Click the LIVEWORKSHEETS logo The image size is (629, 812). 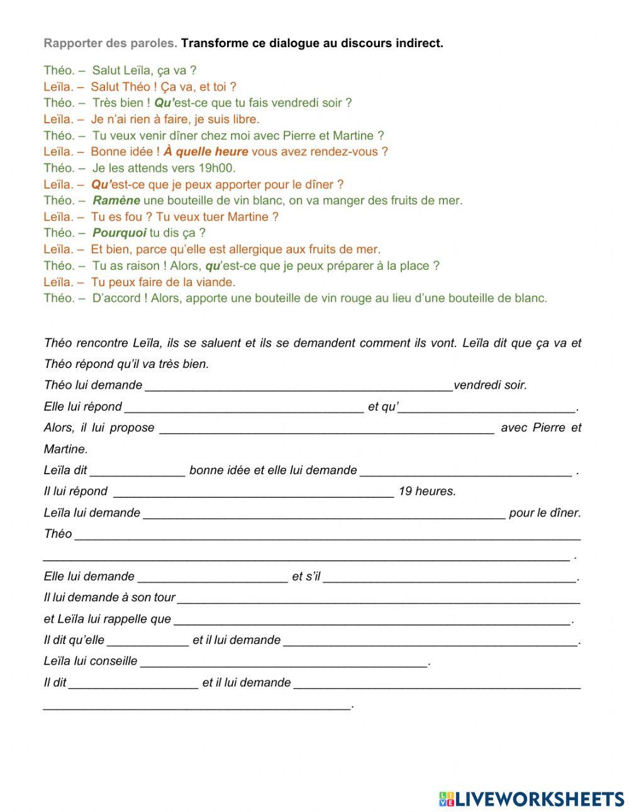pyautogui.click(x=532, y=798)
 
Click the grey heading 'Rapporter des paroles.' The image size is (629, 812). pyautogui.click(x=111, y=43)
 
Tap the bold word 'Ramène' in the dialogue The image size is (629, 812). pyautogui.click(x=116, y=201)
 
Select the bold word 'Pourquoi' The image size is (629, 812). pyautogui.click(x=119, y=233)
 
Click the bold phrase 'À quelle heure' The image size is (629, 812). pyautogui.click(x=206, y=152)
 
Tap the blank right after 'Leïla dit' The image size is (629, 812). pyautogui.click(x=137, y=471)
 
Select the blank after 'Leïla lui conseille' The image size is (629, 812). pyautogui.click(x=284, y=662)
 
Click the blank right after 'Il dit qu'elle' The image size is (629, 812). pyautogui.click(x=148, y=641)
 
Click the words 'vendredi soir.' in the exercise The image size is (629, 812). pyautogui.click(x=490, y=385)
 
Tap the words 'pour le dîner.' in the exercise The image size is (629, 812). pyautogui.click(x=545, y=513)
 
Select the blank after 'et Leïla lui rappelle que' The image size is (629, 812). pyautogui.click(x=372, y=620)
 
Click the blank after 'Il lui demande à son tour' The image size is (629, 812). pyautogui.click(x=378, y=598)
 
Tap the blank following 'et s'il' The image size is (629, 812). pyautogui.click(x=450, y=577)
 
